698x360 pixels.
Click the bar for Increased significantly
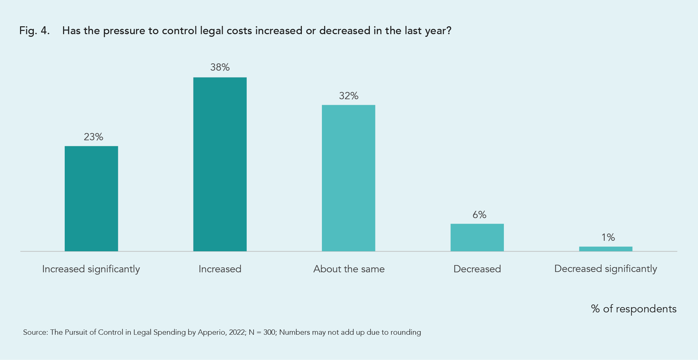tap(91, 199)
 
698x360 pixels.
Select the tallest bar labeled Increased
tap(220, 164)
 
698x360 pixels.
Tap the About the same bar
tap(349, 178)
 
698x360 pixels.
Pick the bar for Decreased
tap(477, 237)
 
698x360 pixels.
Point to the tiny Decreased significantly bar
tap(605, 249)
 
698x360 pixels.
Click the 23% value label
tap(93, 137)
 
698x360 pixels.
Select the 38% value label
tap(220, 67)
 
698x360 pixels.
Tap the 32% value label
tap(349, 96)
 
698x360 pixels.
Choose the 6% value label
tap(479, 215)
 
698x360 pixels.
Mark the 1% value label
tap(608, 237)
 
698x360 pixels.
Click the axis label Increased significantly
tap(91, 269)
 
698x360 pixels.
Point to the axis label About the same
tap(349, 269)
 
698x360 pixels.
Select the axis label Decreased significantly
tap(605, 269)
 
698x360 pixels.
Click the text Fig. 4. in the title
tap(34, 31)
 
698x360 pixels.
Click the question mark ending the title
tap(449, 31)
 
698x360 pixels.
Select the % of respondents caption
tap(633, 309)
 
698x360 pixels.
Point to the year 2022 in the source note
tap(237, 332)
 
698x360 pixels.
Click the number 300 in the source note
tap(269, 332)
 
